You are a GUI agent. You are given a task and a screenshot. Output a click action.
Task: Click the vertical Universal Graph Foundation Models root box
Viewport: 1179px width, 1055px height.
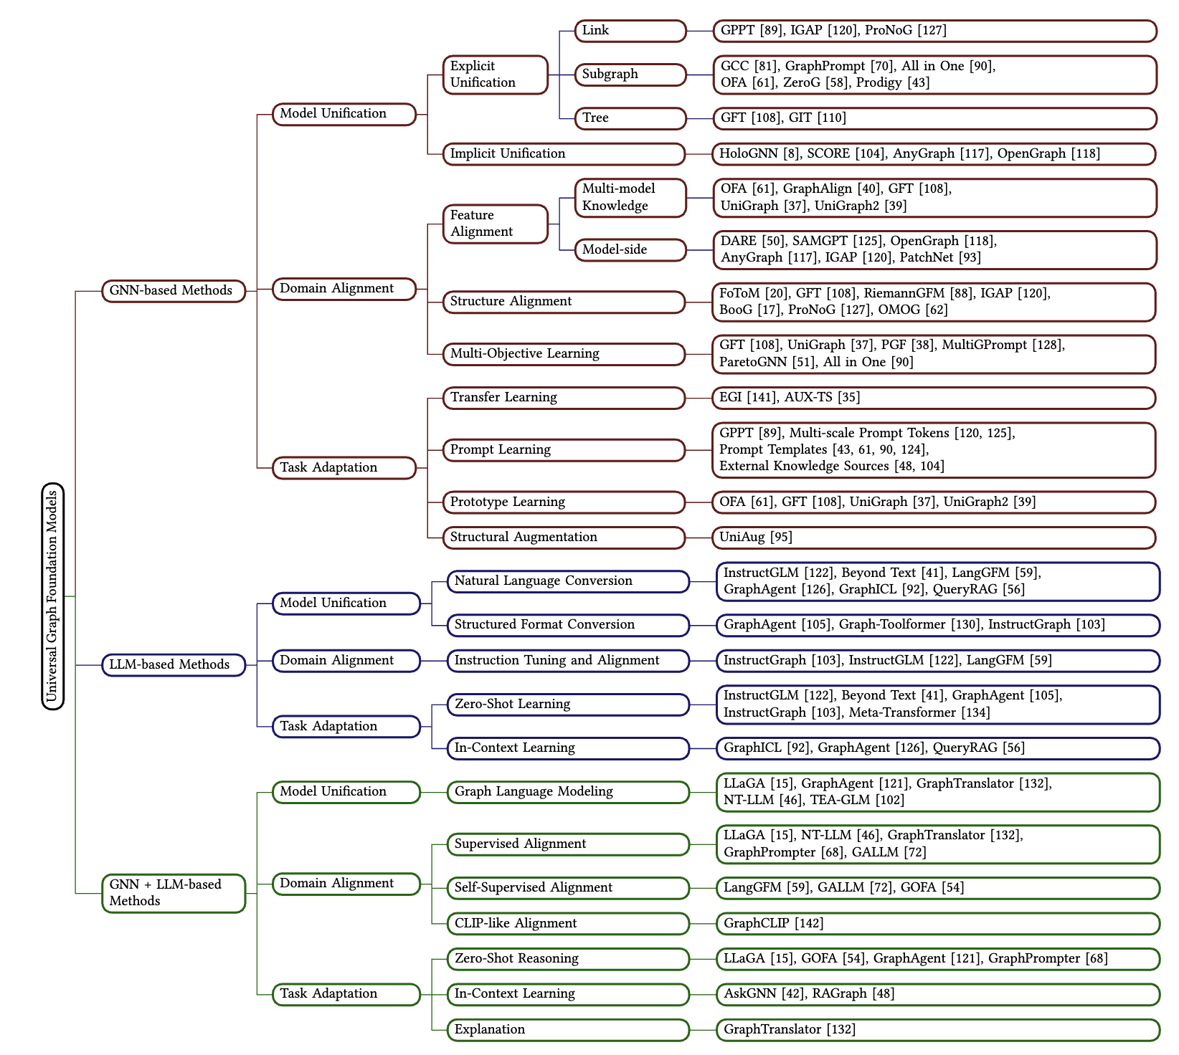point(52,596)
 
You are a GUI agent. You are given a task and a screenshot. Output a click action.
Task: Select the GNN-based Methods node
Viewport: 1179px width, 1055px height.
point(173,291)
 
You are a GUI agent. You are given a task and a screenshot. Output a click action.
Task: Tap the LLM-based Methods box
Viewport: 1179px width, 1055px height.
point(173,665)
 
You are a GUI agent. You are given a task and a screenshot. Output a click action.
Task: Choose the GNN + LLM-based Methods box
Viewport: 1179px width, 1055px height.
point(173,893)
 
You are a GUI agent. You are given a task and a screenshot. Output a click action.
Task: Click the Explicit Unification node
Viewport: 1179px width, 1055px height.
point(495,75)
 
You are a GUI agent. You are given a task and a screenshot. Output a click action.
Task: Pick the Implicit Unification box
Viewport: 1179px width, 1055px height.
point(564,154)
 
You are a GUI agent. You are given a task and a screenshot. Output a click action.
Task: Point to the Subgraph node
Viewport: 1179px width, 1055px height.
point(630,75)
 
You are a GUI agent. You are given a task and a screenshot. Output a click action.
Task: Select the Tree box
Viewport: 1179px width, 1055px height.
point(630,118)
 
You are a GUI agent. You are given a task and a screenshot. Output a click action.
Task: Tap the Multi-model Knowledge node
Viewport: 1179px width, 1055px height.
point(630,198)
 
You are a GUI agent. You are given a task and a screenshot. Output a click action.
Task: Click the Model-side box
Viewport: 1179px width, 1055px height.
point(630,250)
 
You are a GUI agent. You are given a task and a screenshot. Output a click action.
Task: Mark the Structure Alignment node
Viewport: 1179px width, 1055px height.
point(564,302)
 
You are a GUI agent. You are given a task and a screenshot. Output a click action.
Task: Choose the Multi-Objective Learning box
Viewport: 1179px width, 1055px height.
point(564,354)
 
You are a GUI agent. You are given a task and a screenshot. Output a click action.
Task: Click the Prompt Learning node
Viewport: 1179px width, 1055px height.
point(564,450)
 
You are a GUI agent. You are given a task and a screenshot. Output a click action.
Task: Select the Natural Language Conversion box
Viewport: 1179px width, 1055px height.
point(568,581)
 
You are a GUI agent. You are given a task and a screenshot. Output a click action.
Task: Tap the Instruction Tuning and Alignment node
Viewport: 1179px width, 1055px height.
point(568,661)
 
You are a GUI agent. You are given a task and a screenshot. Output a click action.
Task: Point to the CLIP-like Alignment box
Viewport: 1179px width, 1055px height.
point(568,924)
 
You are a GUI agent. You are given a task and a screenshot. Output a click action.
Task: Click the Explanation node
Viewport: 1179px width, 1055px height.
point(568,1030)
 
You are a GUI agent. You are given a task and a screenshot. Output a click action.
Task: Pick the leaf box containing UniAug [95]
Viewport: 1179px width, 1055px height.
point(932,538)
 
